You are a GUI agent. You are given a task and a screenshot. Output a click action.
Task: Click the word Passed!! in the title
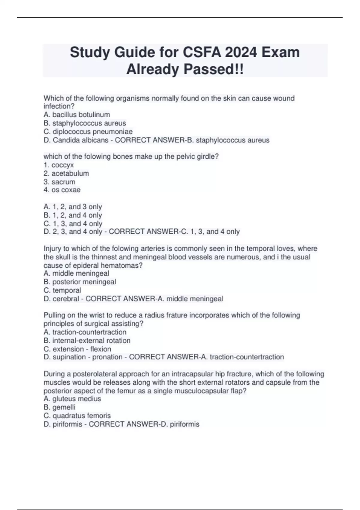pyautogui.click(x=214, y=70)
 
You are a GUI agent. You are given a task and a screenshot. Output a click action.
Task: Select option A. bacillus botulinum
pyautogui.click(x=77, y=115)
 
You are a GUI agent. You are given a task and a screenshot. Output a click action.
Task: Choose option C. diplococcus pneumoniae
pyautogui.click(x=88, y=132)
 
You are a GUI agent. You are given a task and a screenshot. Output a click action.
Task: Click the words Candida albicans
pyautogui.click(x=80, y=140)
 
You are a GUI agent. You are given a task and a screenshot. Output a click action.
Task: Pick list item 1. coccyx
pyautogui.click(x=58, y=165)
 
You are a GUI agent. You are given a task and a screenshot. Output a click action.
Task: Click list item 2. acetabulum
pyautogui.click(x=66, y=173)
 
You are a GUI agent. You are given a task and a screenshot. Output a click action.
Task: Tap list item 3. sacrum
pyautogui.click(x=59, y=182)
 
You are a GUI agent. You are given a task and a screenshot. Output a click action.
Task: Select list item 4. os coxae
pyautogui.click(x=62, y=190)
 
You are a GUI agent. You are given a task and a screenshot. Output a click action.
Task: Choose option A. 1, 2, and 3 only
pyautogui.click(x=73, y=207)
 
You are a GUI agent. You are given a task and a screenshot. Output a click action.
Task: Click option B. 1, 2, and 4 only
pyautogui.click(x=73, y=215)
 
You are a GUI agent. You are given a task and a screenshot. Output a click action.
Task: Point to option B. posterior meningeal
pyautogui.click(x=80, y=282)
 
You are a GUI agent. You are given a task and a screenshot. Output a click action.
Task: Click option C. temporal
pyautogui.click(x=62, y=290)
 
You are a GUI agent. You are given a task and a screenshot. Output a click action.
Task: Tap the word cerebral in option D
pyautogui.click(x=66, y=299)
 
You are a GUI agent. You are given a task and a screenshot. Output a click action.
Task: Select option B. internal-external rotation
pyautogui.click(x=87, y=340)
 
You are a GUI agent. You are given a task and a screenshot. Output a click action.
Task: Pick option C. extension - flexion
pyautogui.click(x=77, y=349)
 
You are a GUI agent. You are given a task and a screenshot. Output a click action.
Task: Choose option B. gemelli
pyautogui.click(x=60, y=407)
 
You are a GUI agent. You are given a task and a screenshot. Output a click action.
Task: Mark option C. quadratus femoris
pyautogui.click(x=77, y=415)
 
